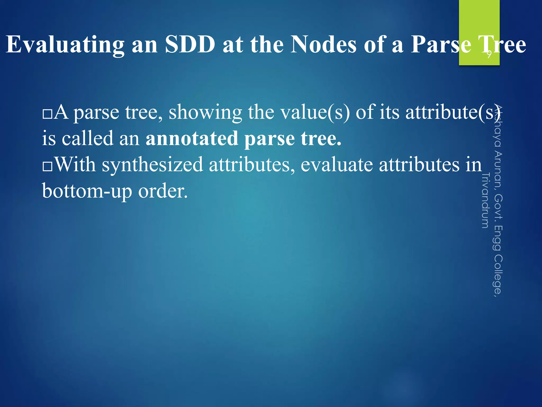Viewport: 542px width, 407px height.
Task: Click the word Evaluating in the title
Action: [x=65, y=45]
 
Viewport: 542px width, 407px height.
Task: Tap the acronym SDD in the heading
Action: [x=190, y=45]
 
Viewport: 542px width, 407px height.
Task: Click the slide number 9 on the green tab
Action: [x=489, y=55]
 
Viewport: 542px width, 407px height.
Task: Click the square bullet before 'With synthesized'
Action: [x=47, y=167]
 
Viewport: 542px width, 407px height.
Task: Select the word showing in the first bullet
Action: [x=205, y=112]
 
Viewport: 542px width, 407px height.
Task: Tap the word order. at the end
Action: [x=163, y=191]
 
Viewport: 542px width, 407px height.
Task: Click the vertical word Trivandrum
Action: [x=485, y=200]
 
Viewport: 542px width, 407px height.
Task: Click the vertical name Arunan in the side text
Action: [x=498, y=170]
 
